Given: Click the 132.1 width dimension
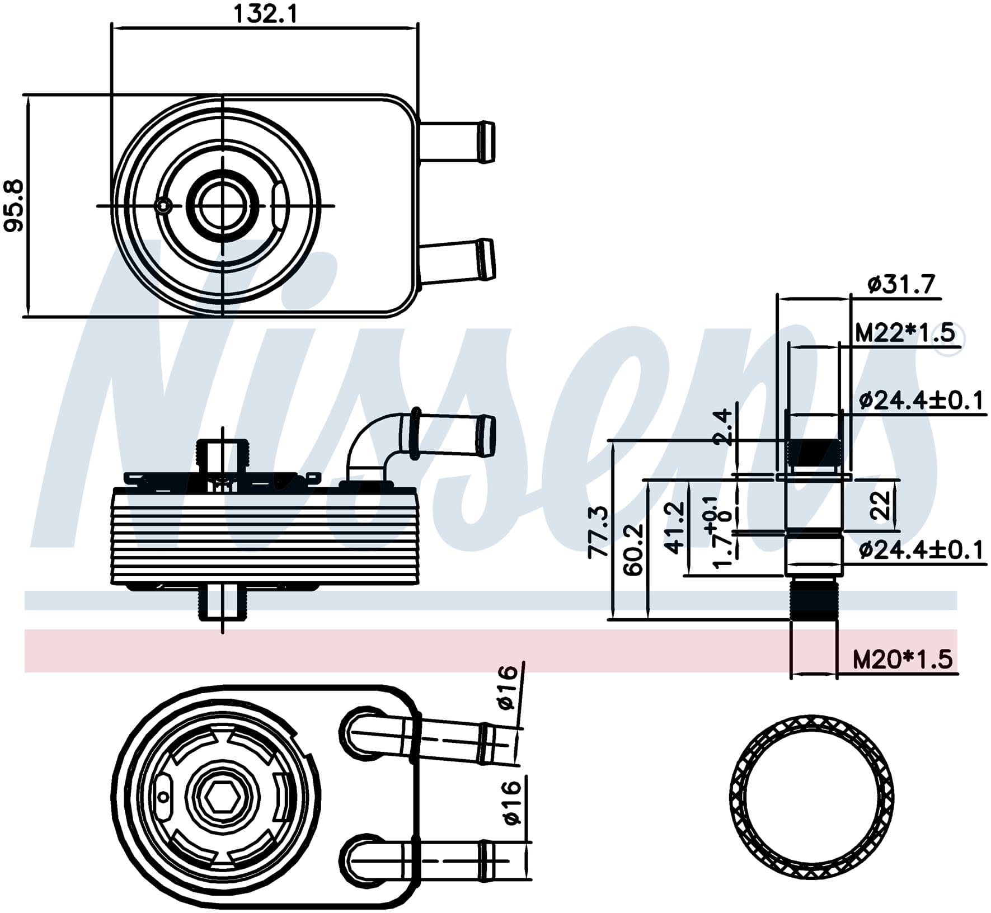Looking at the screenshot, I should click(x=265, y=14).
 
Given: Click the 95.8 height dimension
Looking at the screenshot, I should click(x=14, y=205).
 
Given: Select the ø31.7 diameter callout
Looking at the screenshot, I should click(x=901, y=285).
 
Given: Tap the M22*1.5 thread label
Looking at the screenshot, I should click(x=904, y=333).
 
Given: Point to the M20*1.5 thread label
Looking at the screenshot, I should click(x=902, y=660).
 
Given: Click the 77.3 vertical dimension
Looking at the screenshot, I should click(x=598, y=531).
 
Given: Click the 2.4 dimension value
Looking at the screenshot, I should click(x=723, y=427).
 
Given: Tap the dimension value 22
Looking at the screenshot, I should click(x=881, y=505).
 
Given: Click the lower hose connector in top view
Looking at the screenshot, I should click(x=456, y=261).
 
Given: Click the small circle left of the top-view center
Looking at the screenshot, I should click(x=163, y=206).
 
